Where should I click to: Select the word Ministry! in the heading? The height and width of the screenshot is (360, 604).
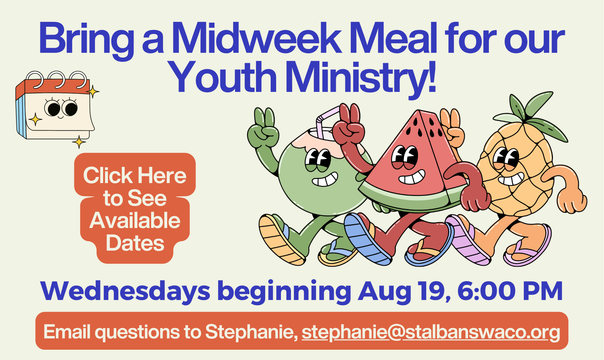[360, 79]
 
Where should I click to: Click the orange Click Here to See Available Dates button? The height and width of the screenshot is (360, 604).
[135, 208]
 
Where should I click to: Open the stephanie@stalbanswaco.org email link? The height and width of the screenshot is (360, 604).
[431, 332]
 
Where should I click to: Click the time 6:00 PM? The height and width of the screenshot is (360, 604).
[510, 291]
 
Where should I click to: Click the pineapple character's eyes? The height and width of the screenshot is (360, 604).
[506, 159]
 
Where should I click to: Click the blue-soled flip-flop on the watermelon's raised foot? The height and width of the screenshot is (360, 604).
[367, 239]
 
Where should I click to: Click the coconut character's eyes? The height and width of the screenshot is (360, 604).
[318, 160]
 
